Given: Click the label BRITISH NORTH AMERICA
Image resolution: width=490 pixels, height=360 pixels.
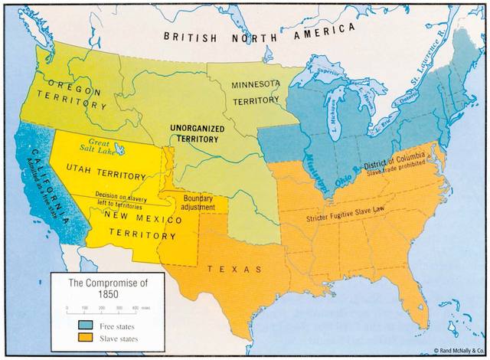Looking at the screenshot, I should (258, 34).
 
